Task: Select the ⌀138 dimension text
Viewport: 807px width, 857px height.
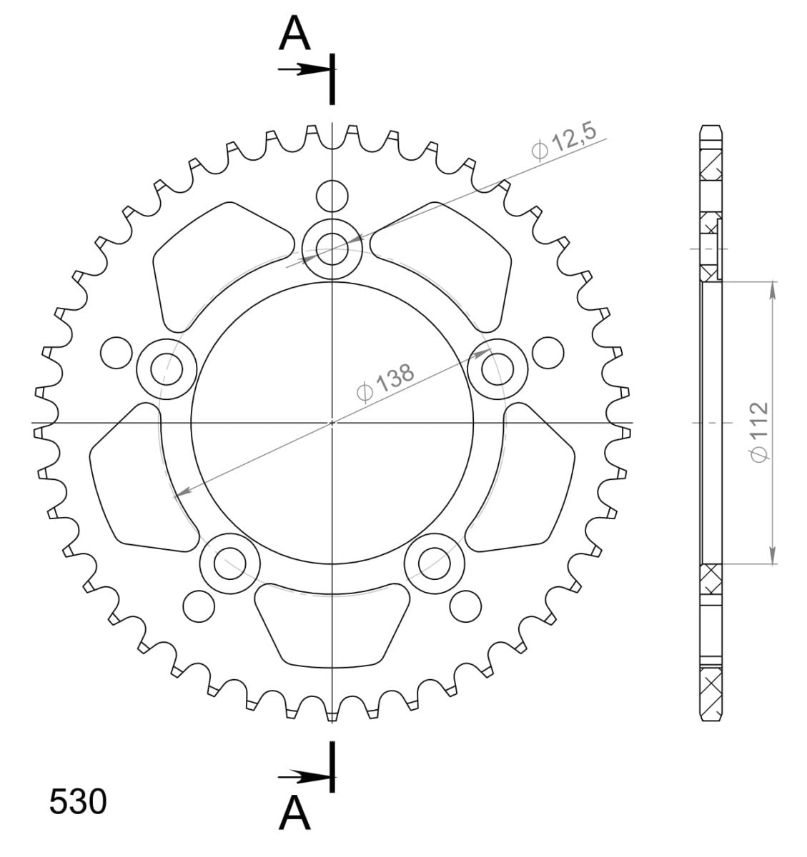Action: [x=386, y=382]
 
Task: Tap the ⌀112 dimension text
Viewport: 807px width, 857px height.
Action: [x=759, y=432]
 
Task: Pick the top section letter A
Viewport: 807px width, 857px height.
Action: [x=294, y=34]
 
